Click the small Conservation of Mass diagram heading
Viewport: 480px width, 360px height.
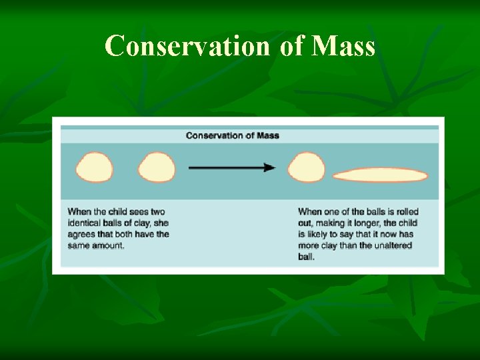pos(233,135)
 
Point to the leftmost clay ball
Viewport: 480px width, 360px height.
pos(95,167)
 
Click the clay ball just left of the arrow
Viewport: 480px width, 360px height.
pos(156,167)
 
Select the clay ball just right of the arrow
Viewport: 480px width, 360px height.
pos(306,167)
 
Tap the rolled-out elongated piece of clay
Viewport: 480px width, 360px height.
pos(380,175)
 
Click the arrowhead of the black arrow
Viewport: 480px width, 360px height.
pos(269,167)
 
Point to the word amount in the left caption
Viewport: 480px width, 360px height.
pos(108,245)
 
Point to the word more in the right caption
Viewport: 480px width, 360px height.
pos(308,245)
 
